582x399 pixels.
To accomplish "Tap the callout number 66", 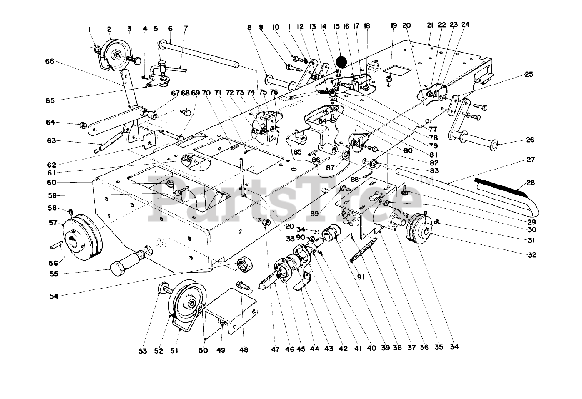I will (49, 61).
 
